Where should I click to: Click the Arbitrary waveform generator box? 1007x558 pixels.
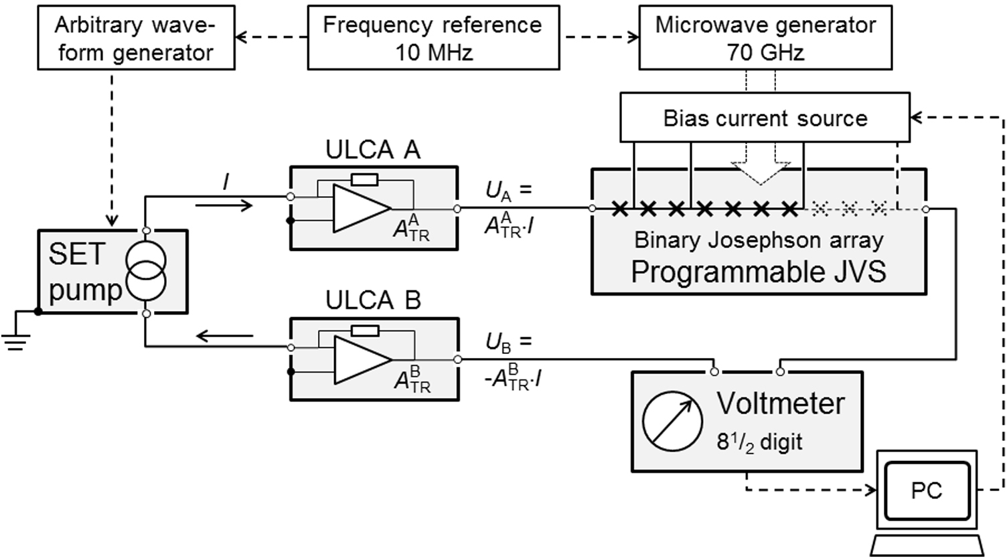[x=135, y=38]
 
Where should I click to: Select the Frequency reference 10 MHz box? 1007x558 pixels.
[x=433, y=38]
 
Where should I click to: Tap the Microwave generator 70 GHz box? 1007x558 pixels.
[x=765, y=38]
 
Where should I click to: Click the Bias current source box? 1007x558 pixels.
[x=765, y=118]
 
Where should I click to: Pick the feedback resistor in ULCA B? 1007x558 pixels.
[x=364, y=331]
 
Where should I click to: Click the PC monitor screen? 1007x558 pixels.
[x=927, y=490]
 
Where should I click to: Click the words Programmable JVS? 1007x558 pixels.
[x=759, y=272]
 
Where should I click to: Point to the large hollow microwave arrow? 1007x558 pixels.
[x=760, y=171]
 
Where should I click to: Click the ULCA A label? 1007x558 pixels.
[x=373, y=151]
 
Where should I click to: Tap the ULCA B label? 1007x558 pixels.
[x=373, y=301]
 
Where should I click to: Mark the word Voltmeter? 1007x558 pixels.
[x=781, y=404]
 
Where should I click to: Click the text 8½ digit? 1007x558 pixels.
[x=759, y=442]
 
